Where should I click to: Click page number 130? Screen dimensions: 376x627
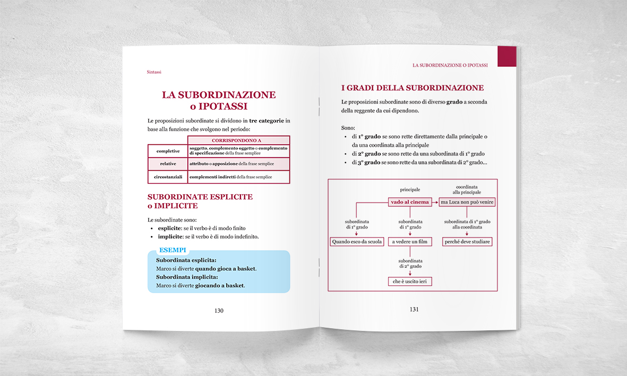point(219,311)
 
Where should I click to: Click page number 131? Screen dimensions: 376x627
point(414,309)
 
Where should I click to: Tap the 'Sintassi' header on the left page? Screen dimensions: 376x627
point(154,72)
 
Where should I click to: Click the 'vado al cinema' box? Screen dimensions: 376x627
point(409,202)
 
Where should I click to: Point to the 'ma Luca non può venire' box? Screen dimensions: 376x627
point(467,202)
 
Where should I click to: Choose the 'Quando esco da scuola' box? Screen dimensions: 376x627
point(356,242)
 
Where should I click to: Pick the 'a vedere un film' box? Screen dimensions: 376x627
point(410,242)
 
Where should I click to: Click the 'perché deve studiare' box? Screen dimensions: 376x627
point(467,242)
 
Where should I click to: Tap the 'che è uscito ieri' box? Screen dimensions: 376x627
point(410,282)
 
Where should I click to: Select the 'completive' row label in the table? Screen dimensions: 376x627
point(168,151)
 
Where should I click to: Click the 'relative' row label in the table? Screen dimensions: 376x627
point(168,164)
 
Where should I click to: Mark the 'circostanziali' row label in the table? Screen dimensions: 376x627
point(168,177)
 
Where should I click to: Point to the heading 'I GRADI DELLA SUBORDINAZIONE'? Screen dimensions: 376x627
point(412,88)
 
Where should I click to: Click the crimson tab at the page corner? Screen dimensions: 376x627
point(506,56)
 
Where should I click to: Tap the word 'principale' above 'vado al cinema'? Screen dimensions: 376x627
point(410,189)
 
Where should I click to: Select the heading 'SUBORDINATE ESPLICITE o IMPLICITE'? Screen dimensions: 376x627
point(200,201)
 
